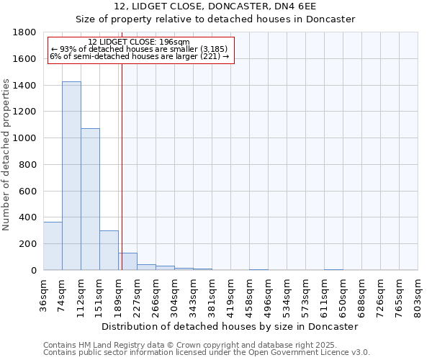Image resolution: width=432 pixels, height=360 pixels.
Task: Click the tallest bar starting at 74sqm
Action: (x=71, y=176)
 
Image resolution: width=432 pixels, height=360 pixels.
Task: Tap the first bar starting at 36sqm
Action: (x=53, y=246)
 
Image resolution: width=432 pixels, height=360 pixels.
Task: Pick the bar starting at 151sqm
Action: (x=109, y=250)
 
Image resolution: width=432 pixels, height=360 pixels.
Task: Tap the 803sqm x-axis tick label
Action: (x=418, y=293)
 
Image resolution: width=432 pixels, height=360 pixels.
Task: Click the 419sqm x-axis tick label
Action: (x=230, y=293)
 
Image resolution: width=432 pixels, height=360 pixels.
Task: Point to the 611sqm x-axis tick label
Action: (x=324, y=293)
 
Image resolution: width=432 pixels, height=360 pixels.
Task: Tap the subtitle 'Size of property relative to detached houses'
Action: (x=215, y=19)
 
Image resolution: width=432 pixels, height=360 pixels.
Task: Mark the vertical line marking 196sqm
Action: (x=122, y=166)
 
